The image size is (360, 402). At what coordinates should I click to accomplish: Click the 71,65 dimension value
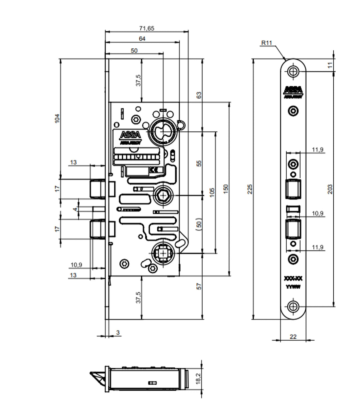147,28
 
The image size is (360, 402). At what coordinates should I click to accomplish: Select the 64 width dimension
142,39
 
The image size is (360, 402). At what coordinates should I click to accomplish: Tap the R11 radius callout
267,43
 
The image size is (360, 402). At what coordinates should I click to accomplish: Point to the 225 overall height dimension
250,189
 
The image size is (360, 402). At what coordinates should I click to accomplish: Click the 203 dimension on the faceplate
330,189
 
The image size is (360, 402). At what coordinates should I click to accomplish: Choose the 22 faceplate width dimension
293,337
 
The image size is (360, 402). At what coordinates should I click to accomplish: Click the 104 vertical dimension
57,118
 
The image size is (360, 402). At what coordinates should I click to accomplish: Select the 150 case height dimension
226,189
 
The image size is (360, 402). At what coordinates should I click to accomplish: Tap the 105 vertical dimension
212,192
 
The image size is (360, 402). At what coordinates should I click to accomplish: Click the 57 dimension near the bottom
199,286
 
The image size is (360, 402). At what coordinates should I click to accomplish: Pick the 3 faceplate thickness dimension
118,332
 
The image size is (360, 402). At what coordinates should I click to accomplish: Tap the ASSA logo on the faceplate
293,90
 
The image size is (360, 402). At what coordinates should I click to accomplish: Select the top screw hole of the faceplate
293,71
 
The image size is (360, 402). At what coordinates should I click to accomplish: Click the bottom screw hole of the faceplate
293,306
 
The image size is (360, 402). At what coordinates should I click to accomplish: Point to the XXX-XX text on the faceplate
293,279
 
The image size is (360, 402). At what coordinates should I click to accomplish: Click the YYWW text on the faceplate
293,287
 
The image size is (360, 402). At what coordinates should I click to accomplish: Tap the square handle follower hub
163,254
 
